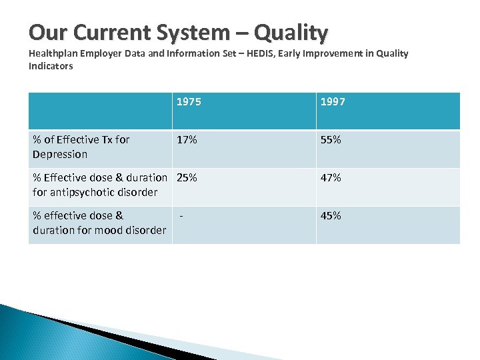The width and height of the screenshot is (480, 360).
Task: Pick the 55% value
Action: (331, 140)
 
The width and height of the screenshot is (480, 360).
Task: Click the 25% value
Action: (187, 178)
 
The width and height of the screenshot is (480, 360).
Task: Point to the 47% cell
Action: (331, 178)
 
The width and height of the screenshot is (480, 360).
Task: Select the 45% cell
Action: (331, 216)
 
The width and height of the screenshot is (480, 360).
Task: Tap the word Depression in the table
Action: (60, 155)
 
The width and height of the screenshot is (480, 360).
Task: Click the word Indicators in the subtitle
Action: (51, 66)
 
